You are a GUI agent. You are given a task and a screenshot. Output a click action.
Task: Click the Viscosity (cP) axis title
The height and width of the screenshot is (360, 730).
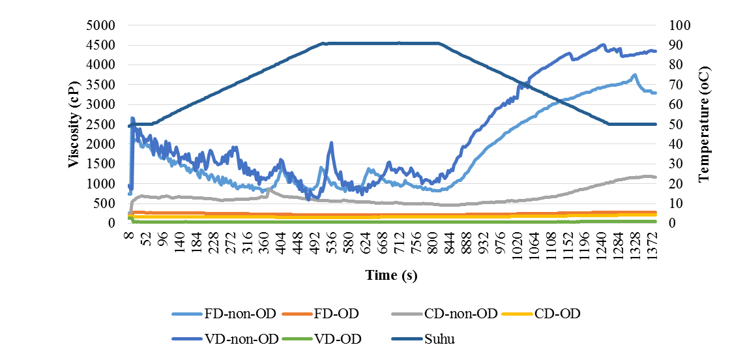(75, 124)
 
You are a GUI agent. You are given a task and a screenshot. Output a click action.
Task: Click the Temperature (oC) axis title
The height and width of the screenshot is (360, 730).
(704, 124)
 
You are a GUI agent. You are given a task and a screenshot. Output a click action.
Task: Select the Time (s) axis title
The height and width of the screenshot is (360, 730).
(391, 276)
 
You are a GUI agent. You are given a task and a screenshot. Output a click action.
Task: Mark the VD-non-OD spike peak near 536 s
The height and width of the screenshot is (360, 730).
(332, 143)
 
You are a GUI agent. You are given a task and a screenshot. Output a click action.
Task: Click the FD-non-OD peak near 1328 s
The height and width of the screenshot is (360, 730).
(634, 75)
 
